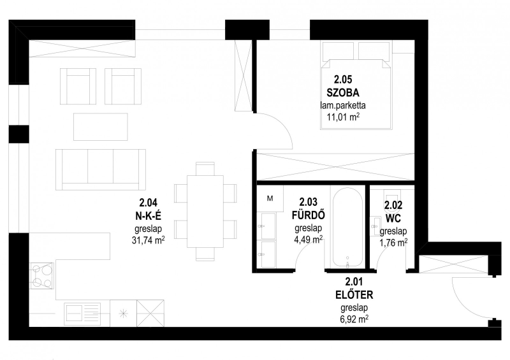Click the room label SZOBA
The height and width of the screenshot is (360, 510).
point(343,92)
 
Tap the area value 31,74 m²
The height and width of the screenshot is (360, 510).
point(148,241)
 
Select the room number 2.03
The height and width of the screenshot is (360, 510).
point(308,202)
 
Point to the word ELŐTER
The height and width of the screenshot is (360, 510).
point(354,295)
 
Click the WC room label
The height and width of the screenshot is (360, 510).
point(393,218)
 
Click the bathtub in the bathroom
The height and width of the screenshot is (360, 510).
point(347,227)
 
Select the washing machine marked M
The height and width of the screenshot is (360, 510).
point(270,198)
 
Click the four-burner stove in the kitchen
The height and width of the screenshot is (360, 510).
point(42,276)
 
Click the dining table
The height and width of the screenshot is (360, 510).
point(205,212)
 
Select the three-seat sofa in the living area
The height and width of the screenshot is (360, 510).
point(101,169)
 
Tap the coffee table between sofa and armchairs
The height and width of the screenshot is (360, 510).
point(101,127)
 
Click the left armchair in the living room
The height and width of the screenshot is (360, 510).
point(78,86)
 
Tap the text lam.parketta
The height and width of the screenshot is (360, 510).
point(343,105)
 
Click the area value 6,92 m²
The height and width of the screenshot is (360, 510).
point(354,319)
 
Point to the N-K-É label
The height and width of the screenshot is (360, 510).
point(148,215)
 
